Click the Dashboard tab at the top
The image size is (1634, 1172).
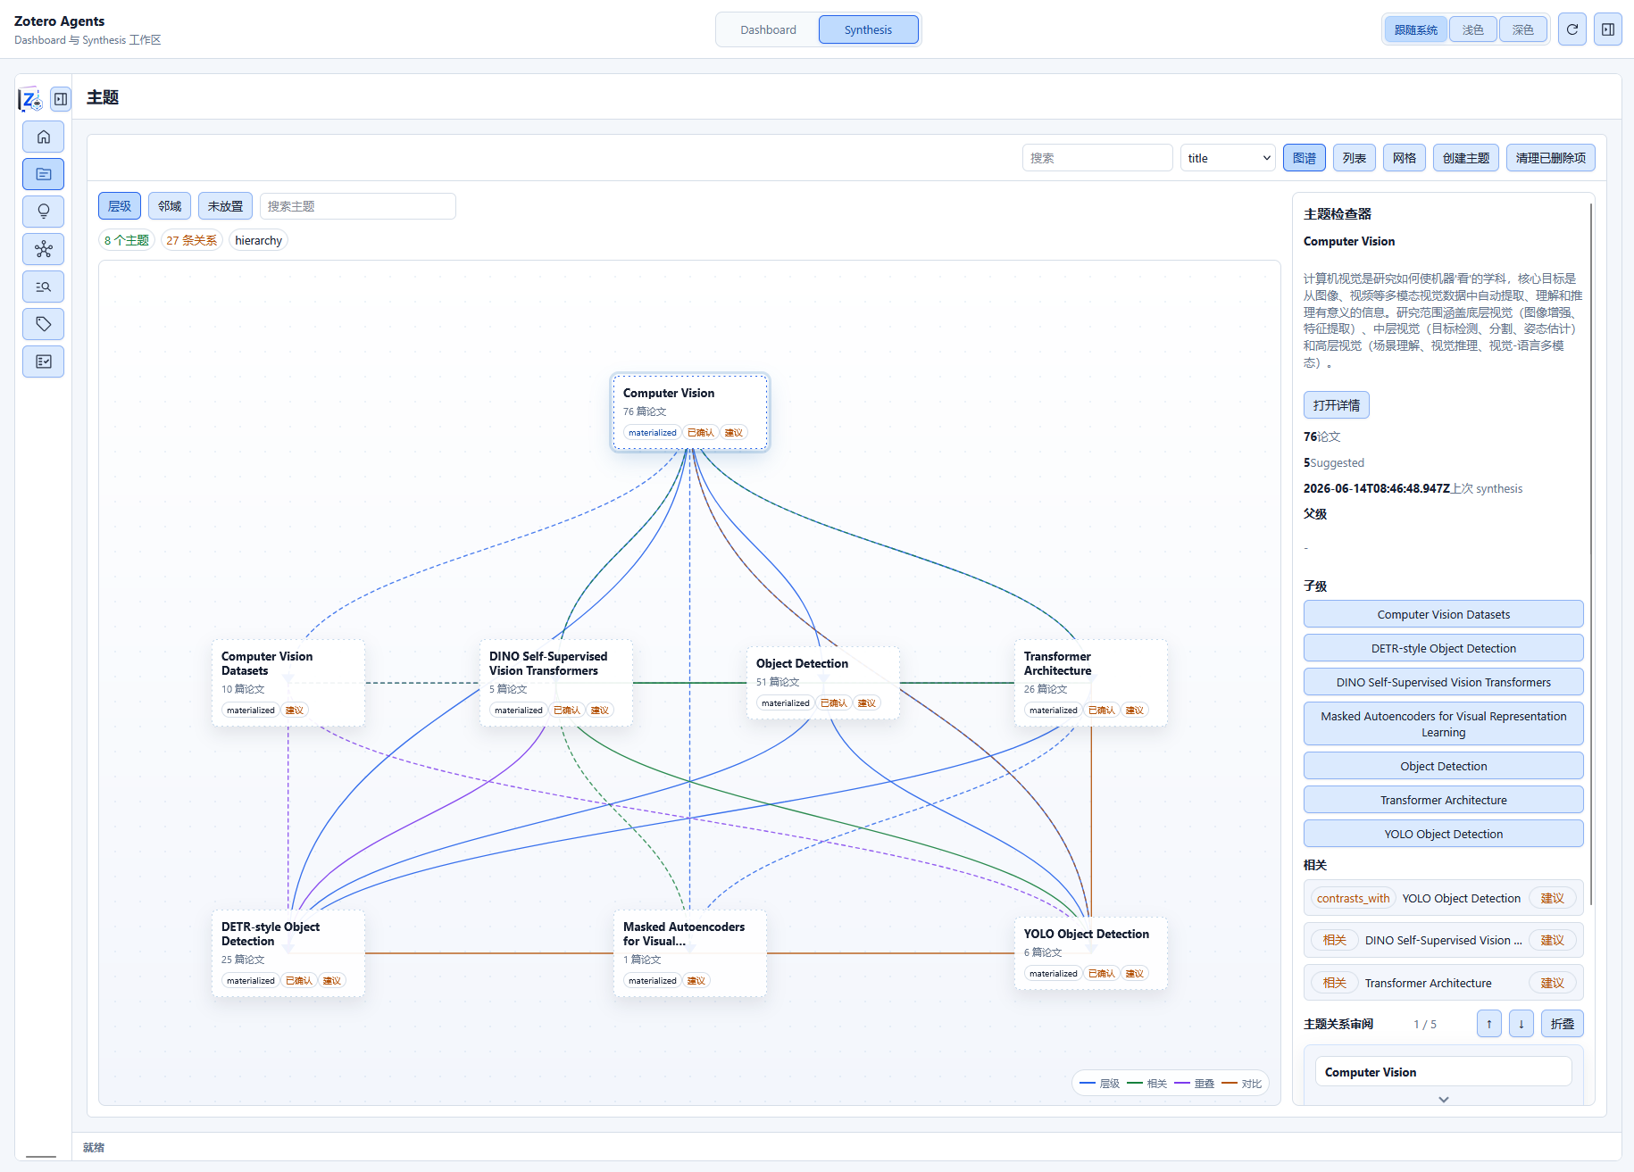[768, 29]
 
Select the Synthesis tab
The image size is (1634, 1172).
[868, 29]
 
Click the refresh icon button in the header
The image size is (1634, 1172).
[1572, 29]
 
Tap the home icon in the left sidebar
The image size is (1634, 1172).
[44, 137]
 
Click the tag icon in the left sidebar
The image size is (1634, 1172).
[44, 324]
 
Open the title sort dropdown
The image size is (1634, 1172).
[1228, 158]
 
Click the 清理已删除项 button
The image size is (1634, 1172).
[1550, 158]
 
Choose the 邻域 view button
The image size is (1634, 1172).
[170, 206]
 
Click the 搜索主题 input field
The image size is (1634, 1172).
[358, 206]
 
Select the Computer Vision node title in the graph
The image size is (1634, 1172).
[669, 393]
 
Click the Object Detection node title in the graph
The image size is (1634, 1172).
[802, 663]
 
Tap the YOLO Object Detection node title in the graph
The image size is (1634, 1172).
[1087, 934]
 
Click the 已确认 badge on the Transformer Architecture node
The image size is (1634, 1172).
[1101, 711]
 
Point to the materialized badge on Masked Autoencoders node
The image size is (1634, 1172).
[652, 981]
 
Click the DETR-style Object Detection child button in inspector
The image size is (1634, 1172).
[1443, 648]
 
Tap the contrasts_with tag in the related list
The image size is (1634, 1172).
[1353, 899]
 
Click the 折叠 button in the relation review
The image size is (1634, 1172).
[1562, 1024]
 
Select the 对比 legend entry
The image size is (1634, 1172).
[1242, 1084]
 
